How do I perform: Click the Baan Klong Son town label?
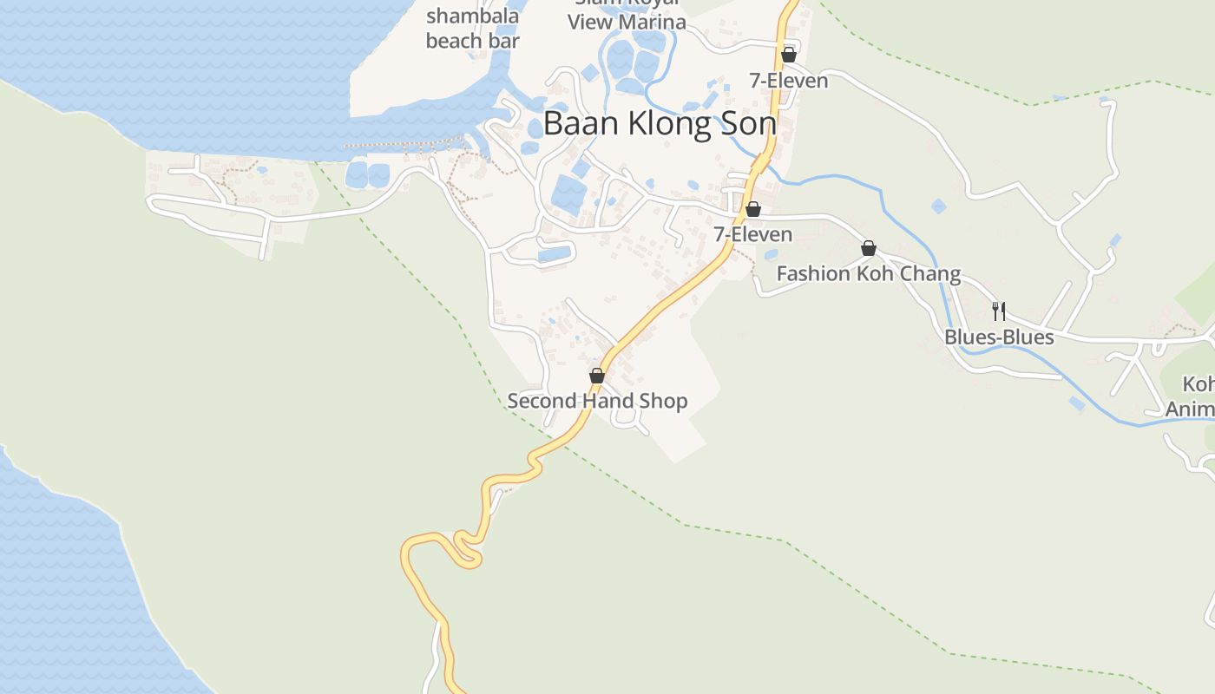(660, 124)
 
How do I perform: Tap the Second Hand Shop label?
(597, 401)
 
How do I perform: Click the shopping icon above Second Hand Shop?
(597, 376)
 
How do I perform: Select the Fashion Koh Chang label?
(868, 274)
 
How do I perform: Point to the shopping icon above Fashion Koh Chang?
(868, 249)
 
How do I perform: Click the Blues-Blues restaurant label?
(999, 337)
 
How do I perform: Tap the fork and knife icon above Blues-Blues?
(999, 311)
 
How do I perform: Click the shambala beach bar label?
(473, 28)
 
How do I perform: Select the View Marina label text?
(627, 22)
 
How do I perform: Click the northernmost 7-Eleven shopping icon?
(789, 56)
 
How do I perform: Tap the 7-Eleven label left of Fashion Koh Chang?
(752, 234)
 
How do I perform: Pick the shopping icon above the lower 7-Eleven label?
(753, 209)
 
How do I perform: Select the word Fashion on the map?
(813, 274)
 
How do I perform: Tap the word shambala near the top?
(473, 16)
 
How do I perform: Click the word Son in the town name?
(750, 124)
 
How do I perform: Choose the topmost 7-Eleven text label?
(789, 81)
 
